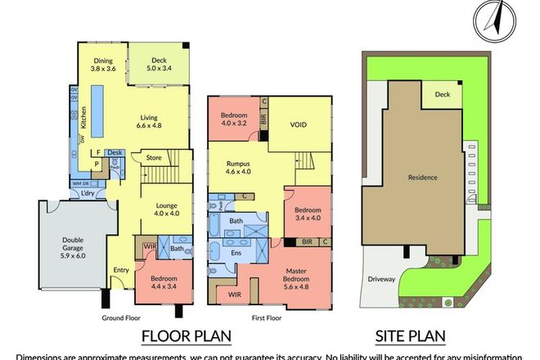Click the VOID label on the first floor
pos(299,126)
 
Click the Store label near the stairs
pos(154,157)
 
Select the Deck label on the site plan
pos(443,95)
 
